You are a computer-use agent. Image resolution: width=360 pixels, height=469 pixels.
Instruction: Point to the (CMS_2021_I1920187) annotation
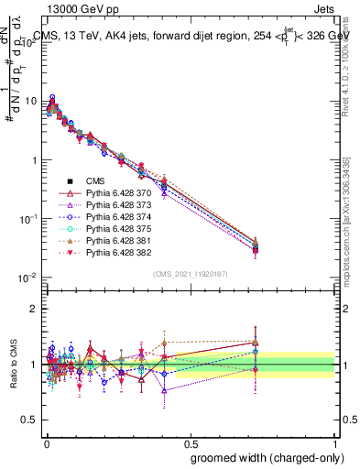tap(190, 273)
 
